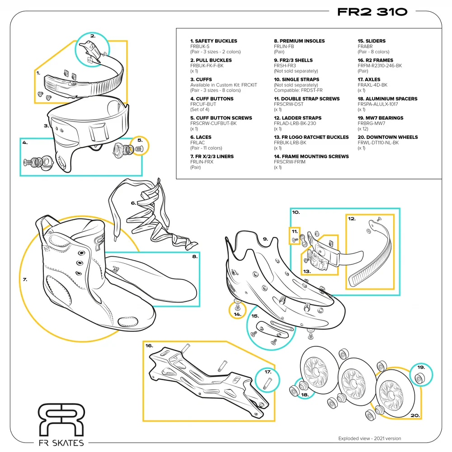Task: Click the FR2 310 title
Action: [x=372, y=12]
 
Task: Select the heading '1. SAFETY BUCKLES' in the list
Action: [x=213, y=41]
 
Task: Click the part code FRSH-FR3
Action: [x=285, y=66]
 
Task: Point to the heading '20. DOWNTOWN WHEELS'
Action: [x=387, y=137]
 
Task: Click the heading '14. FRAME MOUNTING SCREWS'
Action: [x=311, y=156]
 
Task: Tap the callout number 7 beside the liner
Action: [x=25, y=279]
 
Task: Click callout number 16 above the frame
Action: [x=149, y=346]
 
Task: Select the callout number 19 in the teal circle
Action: [x=421, y=367]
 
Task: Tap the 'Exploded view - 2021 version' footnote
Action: [x=369, y=438]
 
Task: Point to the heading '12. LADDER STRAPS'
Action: [x=297, y=118]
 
